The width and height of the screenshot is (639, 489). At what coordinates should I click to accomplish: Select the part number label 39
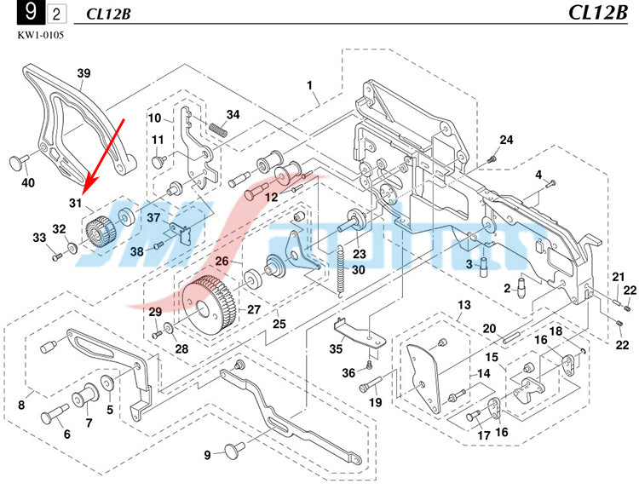coord(83,73)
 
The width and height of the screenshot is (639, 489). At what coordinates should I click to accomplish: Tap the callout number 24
coord(506,140)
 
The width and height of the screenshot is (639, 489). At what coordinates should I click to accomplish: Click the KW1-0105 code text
coord(40,35)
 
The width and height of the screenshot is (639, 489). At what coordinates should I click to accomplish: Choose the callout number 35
coord(337,348)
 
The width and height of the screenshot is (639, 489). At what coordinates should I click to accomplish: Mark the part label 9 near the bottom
coord(206,454)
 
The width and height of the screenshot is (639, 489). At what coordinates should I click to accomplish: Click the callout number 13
coord(464,305)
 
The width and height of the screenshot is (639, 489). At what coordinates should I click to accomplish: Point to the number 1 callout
coord(310,84)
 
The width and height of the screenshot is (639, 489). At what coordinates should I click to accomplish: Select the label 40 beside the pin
coord(28,182)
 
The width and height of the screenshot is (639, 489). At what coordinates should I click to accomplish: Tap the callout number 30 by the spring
coord(358,270)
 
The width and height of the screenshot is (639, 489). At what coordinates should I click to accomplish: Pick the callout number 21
coord(619,276)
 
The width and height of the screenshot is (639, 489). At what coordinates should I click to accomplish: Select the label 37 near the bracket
coord(153,218)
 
